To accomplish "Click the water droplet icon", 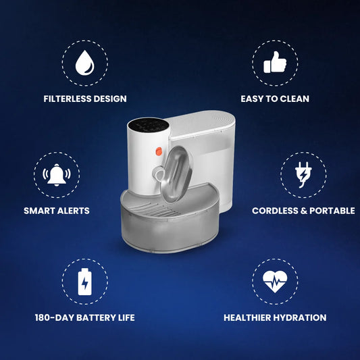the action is [x=84, y=63].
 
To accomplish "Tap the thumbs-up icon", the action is [x=275, y=62].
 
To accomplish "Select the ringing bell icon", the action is [x=57, y=175].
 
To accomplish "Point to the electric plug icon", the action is [x=303, y=174].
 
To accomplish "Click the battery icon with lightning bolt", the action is [x=84, y=282].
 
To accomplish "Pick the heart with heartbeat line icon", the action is [x=275, y=281].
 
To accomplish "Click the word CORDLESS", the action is [x=275, y=211].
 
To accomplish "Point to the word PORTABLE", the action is [x=332, y=211].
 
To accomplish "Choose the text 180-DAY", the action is [x=54, y=317].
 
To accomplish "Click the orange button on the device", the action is [x=159, y=151].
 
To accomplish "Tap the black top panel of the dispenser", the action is [x=149, y=126].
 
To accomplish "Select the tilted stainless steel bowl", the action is [x=176, y=174].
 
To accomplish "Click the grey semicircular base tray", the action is [x=170, y=220].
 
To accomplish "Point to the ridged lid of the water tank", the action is [x=202, y=124].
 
